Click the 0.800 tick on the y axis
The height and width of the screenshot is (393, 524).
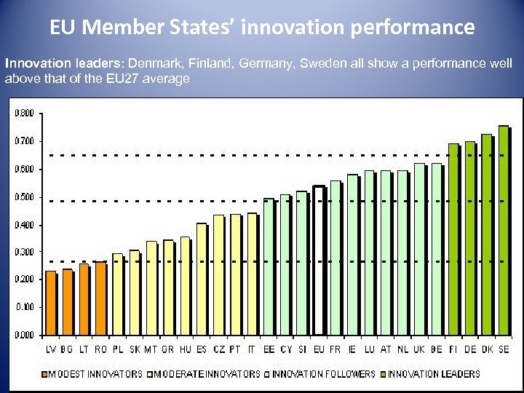24,113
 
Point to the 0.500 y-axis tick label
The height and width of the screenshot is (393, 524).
24,196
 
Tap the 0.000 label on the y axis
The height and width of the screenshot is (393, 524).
24,335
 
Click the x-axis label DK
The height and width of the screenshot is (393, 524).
487,350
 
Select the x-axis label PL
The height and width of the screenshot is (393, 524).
118,350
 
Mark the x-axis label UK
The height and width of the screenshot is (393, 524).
419,350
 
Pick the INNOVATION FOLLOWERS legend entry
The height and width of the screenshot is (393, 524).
324,374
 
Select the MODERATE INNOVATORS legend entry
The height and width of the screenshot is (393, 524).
207,374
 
